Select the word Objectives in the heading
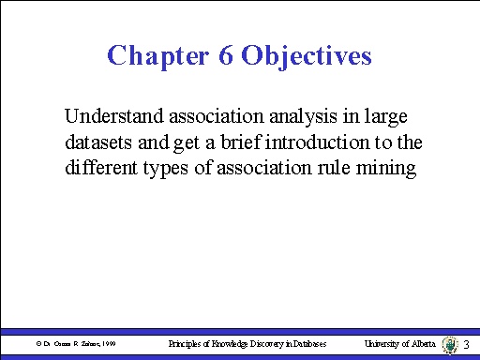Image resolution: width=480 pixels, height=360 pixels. (x=307, y=55)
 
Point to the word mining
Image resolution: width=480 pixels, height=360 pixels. (x=389, y=170)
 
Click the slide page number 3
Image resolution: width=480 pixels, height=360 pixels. (x=467, y=346)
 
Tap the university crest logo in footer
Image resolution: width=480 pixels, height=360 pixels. (x=449, y=344)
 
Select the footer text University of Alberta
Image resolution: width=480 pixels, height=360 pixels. (x=399, y=345)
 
